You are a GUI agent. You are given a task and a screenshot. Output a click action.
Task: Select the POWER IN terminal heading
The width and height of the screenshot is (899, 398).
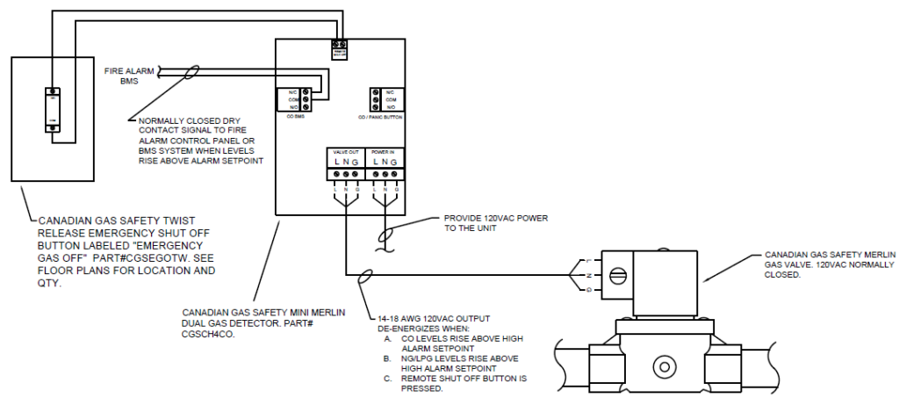[385, 151]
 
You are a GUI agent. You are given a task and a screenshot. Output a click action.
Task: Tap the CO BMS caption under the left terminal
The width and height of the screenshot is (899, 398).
[294, 115]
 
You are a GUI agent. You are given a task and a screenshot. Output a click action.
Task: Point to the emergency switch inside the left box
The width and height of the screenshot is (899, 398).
[53, 109]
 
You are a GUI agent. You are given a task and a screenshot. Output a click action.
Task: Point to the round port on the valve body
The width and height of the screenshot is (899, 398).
[659, 365]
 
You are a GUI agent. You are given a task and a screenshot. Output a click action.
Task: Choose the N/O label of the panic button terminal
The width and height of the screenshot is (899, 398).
[390, 107]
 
